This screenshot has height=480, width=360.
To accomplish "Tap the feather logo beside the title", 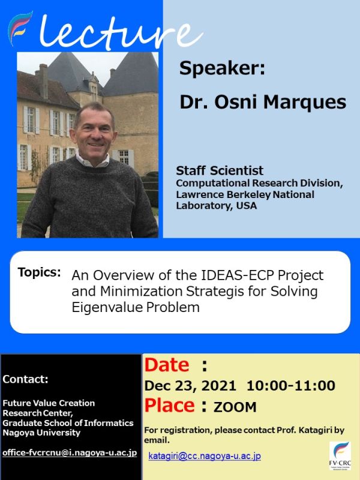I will (x=21, y=28).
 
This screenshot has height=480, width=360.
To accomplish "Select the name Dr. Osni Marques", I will (x=263, y=101).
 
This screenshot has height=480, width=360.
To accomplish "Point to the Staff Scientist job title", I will (x=220, y=171).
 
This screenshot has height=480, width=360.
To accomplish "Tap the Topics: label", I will (x=40, y=272).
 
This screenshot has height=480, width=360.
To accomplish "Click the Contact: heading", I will (x=26, y=379).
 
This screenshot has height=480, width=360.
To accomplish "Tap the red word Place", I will (x=169, y=405).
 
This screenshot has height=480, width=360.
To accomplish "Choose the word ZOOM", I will (x=235, y=407).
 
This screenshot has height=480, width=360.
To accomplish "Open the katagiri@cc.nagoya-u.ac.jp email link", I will (x=205, y=456).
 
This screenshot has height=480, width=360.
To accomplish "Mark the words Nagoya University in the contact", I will (x=41, y=432).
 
